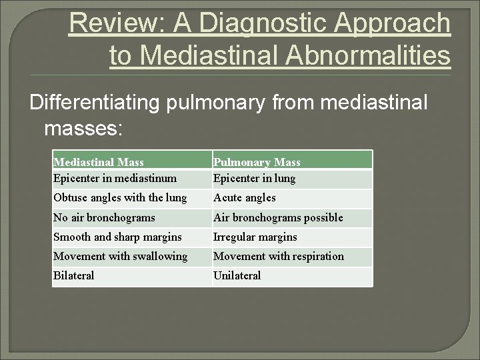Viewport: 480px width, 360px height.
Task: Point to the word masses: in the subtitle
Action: tap(83, 129)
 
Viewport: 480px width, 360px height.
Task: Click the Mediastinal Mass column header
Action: tap(99, 162)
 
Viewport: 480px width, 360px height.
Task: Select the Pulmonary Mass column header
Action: tap(257, 162)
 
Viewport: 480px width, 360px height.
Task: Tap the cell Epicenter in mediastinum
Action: tap(115, 178)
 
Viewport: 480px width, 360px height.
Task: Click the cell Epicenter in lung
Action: tap(254, 178)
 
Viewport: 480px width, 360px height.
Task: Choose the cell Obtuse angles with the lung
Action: tap(120, 197)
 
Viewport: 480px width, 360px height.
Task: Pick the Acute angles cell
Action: tap(244, 197)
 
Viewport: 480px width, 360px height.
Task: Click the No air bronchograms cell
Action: tap(104, 217)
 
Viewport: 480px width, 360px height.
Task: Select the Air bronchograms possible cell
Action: tap(278, 217)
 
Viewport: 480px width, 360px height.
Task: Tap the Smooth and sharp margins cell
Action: tap(117, 237)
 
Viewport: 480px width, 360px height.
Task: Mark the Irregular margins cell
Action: tap(255, 237)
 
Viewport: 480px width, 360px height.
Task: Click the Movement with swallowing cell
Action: tap(120, 256)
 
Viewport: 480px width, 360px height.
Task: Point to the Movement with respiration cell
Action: tap(279, 256)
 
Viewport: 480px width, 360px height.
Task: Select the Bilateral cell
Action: tap(74, 275)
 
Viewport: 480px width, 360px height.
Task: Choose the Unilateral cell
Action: tap(237, 275)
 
